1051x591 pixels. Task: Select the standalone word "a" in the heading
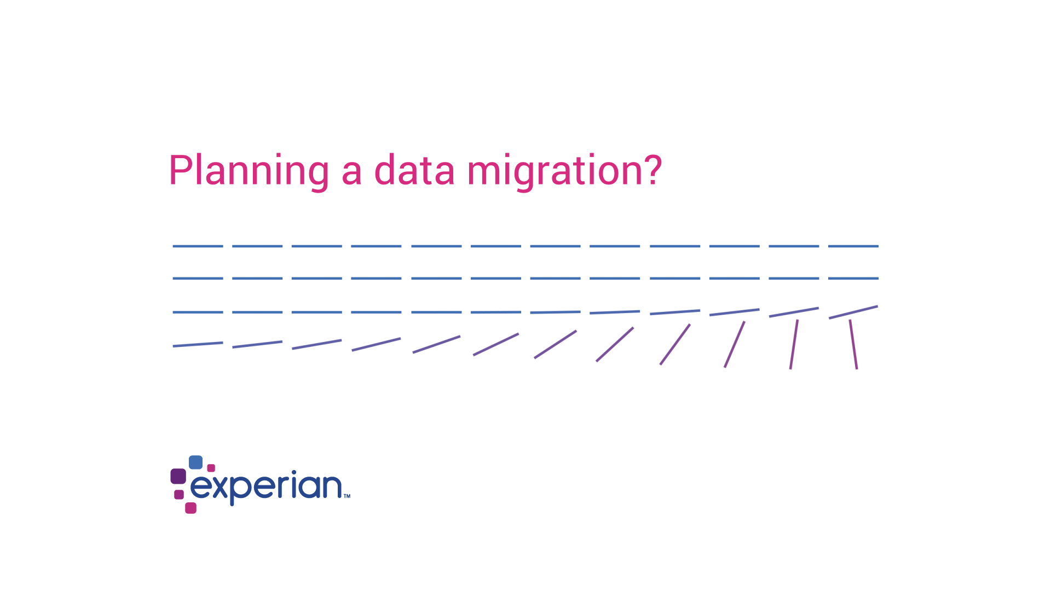(352, 173)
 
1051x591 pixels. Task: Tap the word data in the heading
(414, 170)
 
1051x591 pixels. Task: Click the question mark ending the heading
(651, 170)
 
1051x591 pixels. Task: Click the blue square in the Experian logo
(195, 462)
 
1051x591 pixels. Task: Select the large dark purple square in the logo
(178, 476)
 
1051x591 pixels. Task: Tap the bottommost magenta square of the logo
(190, 508)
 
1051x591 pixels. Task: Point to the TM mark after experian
(347, 496)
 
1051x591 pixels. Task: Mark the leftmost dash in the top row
(198, 246)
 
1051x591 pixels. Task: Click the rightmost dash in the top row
(853, 246)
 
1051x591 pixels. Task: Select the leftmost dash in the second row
(198, 279)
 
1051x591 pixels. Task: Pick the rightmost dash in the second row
(853, 279)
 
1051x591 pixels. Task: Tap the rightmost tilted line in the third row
(853, 312)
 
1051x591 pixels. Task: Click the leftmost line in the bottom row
(198, 344)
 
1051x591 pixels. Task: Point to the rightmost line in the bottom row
(853, 344)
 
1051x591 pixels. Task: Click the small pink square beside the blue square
(211, 468)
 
